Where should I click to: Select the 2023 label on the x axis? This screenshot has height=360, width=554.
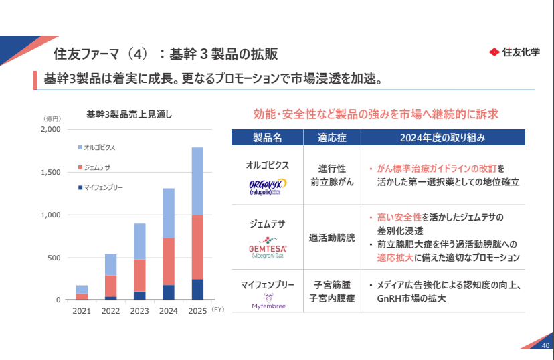point(139,311)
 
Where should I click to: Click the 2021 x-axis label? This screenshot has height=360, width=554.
point(82,311)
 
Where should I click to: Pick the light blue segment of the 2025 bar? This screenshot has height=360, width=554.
point(197,181)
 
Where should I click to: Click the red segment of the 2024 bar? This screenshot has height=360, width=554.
point(169,261)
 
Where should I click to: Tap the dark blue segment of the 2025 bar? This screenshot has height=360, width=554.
point(197,289)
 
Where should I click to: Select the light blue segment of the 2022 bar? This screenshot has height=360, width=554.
point(110,264)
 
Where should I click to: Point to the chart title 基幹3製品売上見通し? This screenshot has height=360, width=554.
point(129,114)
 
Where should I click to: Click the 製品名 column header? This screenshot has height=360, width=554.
point(268,137)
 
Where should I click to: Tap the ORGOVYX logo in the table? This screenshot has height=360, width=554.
point(268,185)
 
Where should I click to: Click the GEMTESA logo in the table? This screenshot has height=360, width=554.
point(268,249)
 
